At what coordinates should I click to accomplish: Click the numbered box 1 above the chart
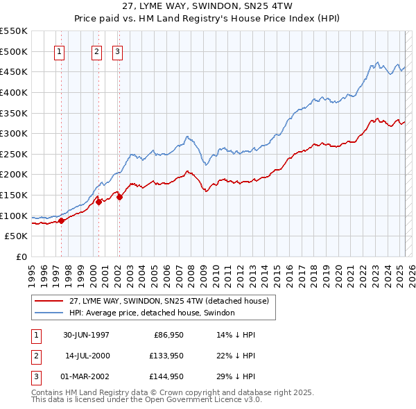59,51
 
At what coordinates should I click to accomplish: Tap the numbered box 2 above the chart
96,51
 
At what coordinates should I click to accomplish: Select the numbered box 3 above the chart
117,51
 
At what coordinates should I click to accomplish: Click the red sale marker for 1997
61,220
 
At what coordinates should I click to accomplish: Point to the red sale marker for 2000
98,202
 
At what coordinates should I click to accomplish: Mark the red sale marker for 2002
119,197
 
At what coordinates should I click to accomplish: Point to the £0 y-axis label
21,256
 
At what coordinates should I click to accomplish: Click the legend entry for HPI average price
152,313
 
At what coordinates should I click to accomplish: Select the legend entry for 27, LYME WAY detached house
173,301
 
